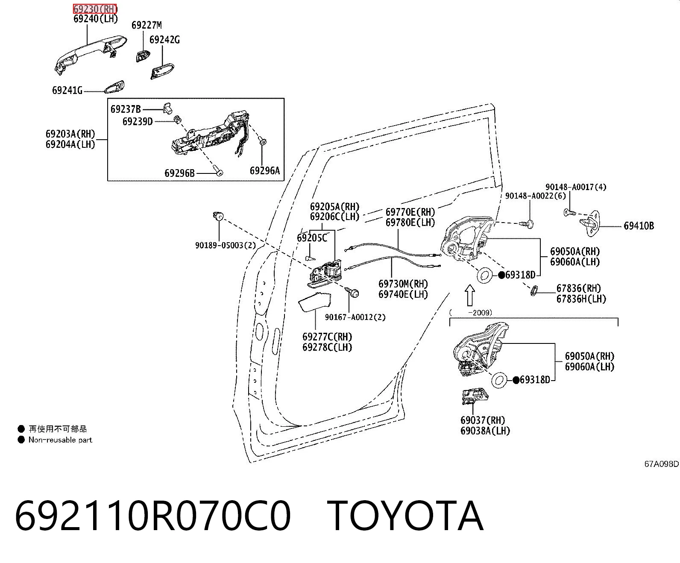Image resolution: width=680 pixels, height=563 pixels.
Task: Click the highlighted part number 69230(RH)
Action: [x=95, y=9]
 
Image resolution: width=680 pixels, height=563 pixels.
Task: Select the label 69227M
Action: [x=147, y=25]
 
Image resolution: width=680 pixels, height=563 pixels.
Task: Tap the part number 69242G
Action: [x=164, y=40]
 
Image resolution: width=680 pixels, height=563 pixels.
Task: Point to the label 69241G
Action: [x=67, y=90]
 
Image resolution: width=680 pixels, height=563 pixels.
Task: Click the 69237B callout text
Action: [x=126, y=109]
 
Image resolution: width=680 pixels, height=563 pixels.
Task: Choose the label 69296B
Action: [x=179, y=173]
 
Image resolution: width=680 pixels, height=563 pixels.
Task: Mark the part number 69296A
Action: [x=265, y=170]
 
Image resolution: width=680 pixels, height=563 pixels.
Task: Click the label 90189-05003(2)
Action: [x=226, y=245]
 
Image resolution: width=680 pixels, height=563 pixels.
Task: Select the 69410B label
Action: [x=639, y=226]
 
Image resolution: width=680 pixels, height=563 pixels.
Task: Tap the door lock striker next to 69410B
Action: [x=590, y=223]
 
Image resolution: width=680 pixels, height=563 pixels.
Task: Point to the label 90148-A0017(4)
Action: [x=576, y=187]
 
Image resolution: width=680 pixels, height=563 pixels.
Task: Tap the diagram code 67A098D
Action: [x=662, y=464]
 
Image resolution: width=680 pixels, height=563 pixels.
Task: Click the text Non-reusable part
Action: [x=60, y=440]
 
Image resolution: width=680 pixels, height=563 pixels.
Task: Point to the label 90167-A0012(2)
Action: [x=355, y=317]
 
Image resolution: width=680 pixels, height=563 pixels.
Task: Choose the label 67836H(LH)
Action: [x=581, y=299]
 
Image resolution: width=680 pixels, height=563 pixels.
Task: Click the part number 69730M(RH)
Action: [x=403, y=284]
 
